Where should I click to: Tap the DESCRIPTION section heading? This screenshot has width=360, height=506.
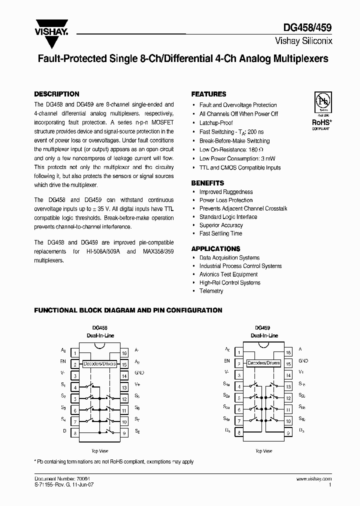click(x=56, y=94)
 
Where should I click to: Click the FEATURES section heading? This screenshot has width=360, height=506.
click(x=208, y=94)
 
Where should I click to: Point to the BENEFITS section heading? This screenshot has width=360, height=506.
click(x=207, y=183)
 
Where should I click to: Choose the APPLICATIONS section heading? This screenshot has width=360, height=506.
click(x=215, y=248)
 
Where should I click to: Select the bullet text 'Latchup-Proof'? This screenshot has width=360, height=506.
click(x=216, y=123)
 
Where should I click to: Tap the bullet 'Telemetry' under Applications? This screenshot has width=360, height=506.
click(x=211, y=291)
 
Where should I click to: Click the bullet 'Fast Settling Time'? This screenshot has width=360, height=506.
click(x=220, y=233)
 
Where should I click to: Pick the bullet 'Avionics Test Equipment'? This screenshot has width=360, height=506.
click(x=228, y=274)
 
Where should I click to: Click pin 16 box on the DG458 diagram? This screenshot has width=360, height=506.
click(x=124, y=353)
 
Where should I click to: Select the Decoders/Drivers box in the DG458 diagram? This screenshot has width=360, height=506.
click(x=99, y=363)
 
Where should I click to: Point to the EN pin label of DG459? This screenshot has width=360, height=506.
click(x=227, y=360)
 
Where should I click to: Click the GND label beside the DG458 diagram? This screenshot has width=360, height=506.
click(x=139, y=372)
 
